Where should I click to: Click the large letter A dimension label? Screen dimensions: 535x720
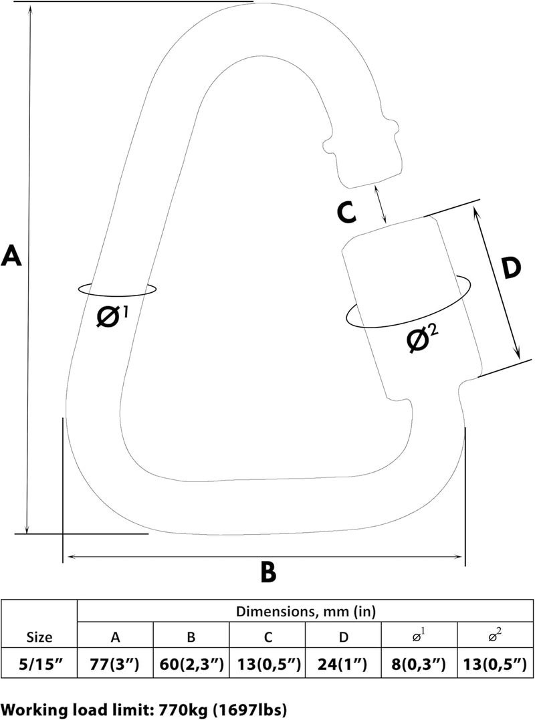click(x=11, y=256)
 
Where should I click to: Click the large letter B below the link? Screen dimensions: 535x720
click(x=268, y=572)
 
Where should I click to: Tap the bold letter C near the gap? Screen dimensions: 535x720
click(x=346, y=213)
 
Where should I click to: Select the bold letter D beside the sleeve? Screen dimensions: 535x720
click(x=511, y=269)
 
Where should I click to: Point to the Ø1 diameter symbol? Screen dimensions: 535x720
click(x=113, y=316)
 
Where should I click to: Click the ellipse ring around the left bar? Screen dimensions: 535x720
click(x=117, y=289)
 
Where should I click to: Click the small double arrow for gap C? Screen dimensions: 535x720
click(x=381, y=204)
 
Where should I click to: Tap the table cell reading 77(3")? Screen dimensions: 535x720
click(x=114, y=665)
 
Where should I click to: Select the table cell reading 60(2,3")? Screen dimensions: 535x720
click(x=191, y=665)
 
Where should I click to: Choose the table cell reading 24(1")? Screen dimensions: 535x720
click(x=344, y=665)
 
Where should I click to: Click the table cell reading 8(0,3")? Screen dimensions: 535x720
click(x=419, y=665)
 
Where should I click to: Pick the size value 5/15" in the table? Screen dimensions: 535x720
click(x=39, y=665)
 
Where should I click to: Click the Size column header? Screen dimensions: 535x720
click(x=39, y=637)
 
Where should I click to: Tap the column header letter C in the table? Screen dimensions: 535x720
click(x=267, y=637)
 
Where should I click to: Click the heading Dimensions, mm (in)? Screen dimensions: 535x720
click(x=306, y=611)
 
